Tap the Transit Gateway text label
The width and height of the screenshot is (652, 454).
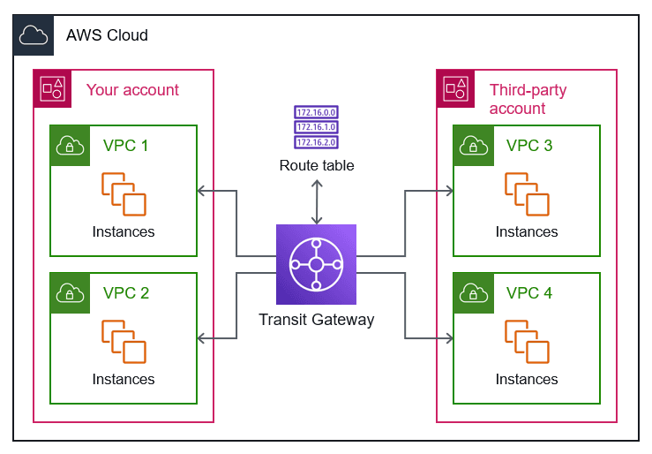(316, 320)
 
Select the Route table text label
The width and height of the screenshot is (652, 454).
(316, 165)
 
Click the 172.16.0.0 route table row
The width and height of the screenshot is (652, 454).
(316, 113)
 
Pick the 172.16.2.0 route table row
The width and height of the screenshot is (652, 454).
(316, 141)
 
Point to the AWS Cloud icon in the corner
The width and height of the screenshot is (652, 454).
(33, 34)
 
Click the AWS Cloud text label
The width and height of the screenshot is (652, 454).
(107, 35)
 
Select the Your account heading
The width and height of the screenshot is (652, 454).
(132, 90)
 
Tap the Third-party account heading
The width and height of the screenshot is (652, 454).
(528, 99)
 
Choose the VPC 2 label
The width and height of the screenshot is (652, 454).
(126, 293)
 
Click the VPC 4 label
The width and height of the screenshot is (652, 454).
(529, 293)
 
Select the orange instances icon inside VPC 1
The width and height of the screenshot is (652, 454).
(124, 194)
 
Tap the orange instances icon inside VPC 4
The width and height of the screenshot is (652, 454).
(527, 342)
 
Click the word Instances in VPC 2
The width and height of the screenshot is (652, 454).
(124, 379)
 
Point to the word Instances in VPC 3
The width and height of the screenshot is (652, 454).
(527, 231)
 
